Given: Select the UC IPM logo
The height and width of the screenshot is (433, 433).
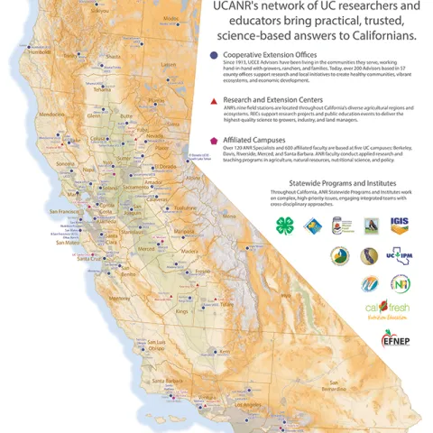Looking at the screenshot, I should click(399, 256).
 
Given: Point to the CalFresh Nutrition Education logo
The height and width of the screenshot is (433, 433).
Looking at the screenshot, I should click(401, 309).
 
